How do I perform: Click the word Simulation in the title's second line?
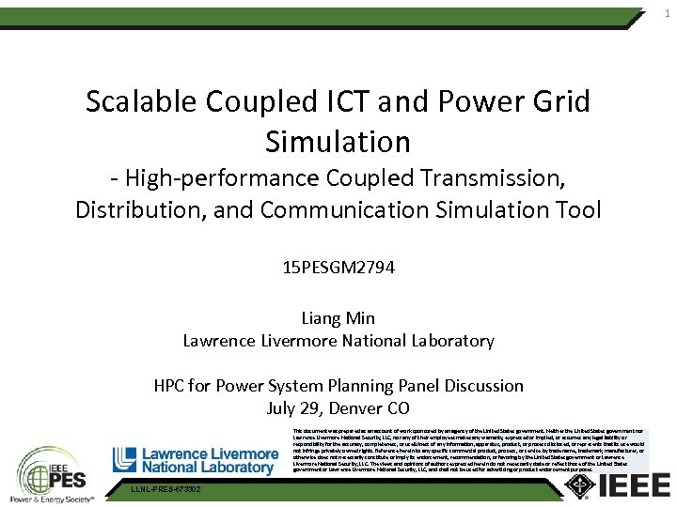point(338,142)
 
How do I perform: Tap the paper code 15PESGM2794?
point(338,268)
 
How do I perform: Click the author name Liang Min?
point(338,318)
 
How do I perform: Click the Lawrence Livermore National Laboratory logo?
point(196,459)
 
